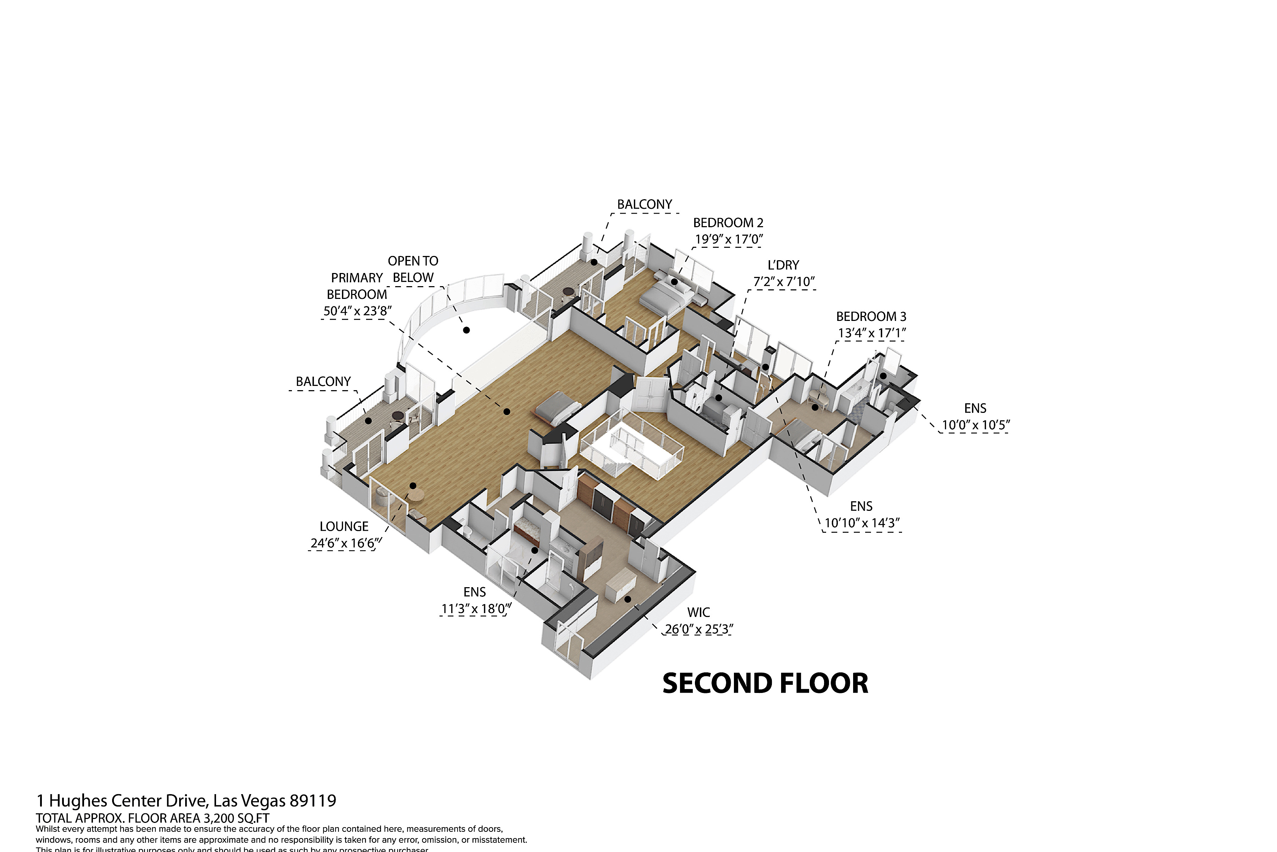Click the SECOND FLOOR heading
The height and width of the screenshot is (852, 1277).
[765, 684]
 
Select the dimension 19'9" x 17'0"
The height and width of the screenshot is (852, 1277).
[729, 239]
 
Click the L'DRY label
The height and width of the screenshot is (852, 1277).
[783, 265]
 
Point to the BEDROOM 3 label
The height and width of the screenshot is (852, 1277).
[871, 316]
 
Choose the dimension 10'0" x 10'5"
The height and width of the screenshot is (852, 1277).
[975, 425]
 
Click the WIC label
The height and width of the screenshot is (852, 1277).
[698, 612]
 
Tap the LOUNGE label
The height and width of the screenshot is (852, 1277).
[344, 526]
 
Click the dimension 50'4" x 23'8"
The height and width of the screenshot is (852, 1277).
[357, 311]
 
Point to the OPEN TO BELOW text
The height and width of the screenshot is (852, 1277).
[413, 269]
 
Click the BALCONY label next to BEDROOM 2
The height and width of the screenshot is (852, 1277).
[645, 204]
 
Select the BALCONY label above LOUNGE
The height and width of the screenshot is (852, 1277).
[323, 381]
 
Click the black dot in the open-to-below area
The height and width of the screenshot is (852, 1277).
[466, 330]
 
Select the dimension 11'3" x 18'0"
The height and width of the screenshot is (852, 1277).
[475, 608]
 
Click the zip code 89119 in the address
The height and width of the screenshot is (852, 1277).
[313, 801]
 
